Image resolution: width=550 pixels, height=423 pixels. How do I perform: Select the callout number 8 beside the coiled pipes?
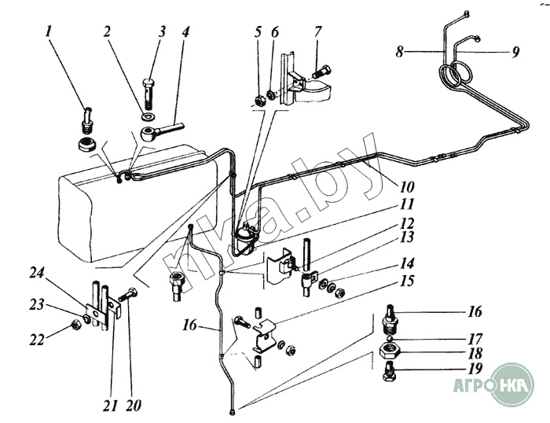[x=400, y=52]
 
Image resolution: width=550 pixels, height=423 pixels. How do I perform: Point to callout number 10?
[x=407, y=186]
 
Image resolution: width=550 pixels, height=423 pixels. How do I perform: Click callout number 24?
[x=37, y=273]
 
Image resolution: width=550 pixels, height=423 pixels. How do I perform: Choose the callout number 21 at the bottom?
[x=110, y=406]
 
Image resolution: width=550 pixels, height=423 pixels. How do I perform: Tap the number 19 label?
[x=475, y=368]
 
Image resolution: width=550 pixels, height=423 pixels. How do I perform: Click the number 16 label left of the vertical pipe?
[x=190, y=325]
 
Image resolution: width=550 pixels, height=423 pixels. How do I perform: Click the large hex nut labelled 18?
[x=390, y=350]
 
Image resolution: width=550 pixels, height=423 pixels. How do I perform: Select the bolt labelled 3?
[x=149, y=94]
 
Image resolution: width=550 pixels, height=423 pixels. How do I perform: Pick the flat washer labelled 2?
[x=149, y=116]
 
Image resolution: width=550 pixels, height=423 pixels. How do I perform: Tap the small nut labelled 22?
[x=75, y=326]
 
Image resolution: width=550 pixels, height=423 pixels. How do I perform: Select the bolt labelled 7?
[x=321, y=72]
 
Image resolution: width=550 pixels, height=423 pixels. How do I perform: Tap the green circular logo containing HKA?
[x=512, y=384]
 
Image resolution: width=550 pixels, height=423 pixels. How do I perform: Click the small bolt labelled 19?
[x=387, y=372]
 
